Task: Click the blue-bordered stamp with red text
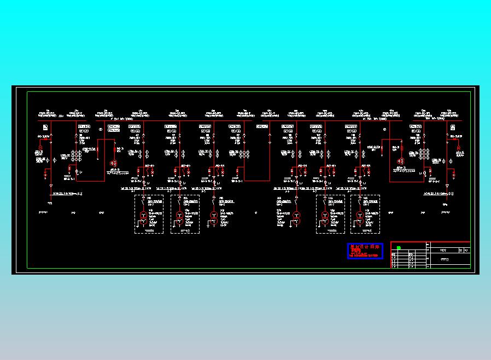(365, 251)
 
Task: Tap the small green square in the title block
(399, 248)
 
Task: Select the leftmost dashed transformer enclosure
(149, 214)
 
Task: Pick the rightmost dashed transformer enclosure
(365, 214)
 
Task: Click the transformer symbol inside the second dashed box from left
(178, 218)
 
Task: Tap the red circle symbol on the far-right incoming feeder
(459, 146)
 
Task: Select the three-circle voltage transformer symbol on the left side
(114, 163)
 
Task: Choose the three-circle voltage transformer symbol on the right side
(400, 161)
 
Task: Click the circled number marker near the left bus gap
(101, 130)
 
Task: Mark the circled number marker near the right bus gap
(385, 130)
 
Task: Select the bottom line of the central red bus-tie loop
(256, 181)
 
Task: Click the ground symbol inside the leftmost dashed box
(149, 230)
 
